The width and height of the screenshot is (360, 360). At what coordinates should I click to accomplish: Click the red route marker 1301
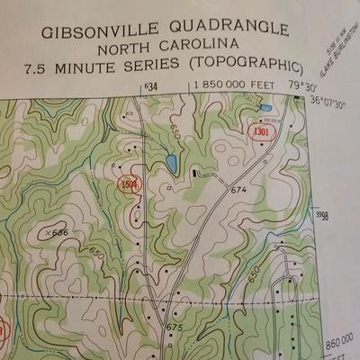point(261,132)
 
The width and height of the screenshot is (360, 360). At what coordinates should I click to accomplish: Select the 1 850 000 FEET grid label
point(232,85)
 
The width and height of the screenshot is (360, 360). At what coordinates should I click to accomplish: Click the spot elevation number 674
point(238,190)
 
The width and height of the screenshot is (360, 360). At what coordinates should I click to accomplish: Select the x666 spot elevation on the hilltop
point(56,232)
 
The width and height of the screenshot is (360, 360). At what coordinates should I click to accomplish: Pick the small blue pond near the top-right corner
point(265,109)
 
